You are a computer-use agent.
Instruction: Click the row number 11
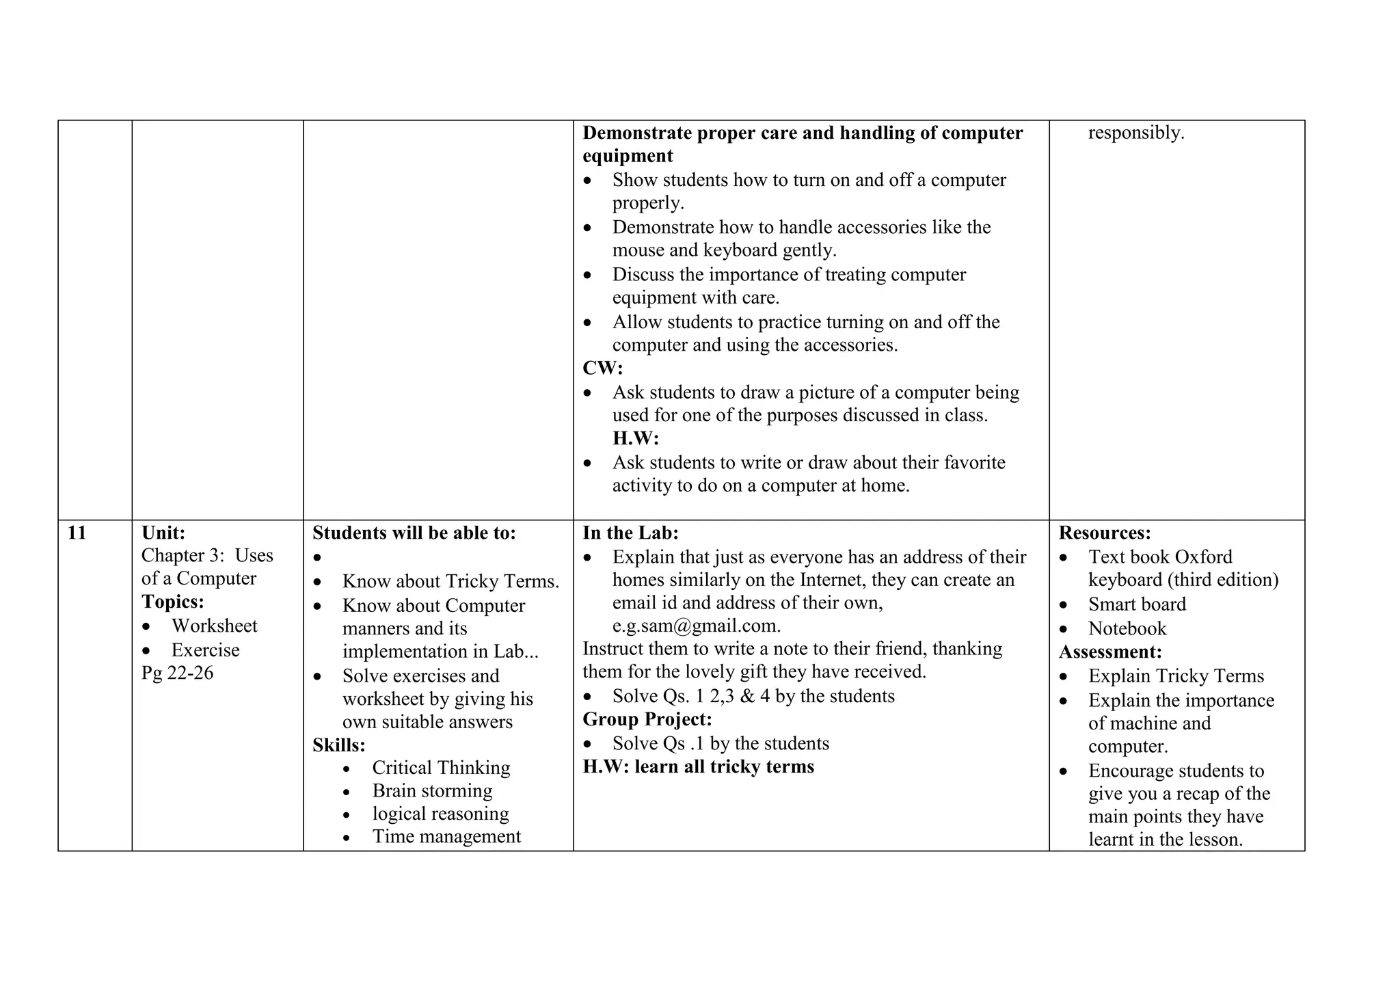tap(77, 533)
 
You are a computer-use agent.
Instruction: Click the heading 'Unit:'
tap(163, 533)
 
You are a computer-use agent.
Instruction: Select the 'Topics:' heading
tap(172, 602)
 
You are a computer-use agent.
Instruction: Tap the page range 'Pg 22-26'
tap(177, 673)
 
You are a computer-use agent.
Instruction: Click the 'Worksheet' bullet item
tap(214, 626)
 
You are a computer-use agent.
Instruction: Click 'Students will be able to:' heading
tap(414, 533)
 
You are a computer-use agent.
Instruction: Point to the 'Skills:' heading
tap(338, 745)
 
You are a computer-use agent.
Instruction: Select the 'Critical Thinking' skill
tap(441, 768)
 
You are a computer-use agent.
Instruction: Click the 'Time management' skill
tap(446, 836)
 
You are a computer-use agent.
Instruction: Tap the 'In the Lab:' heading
tap(630, 533)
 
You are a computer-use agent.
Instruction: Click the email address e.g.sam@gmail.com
tap(696, 626)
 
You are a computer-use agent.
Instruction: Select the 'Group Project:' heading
tap(647, 719)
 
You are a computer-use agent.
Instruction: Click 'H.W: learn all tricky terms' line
tap(698, 766)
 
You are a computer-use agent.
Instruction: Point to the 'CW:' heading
tap(602, 368)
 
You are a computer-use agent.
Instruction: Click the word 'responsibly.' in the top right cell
tap(1135, 132)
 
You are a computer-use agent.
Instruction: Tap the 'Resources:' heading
tap(1105, 533)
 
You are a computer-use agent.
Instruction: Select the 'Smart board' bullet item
tap(1137, 604)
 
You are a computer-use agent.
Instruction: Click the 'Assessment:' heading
tap(1110, 652)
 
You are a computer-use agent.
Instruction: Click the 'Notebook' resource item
tap(1127, 628)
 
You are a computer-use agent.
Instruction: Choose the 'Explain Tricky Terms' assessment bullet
tap(1176, 676)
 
